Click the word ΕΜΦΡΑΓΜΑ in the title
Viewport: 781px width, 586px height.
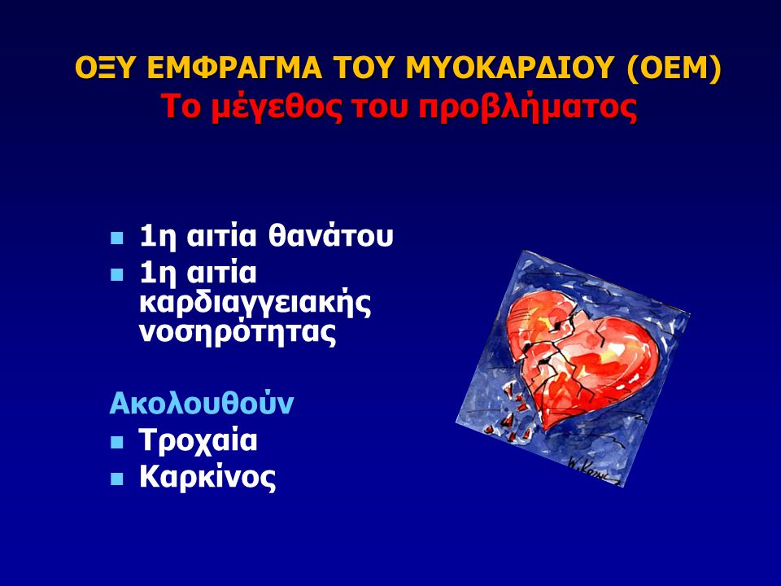pyautogui.click(x=234, y=68)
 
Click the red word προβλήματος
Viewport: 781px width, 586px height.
pyautogui.click(x=527, y=107)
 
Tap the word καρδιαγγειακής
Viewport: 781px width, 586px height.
pyautogui.click(x=255, y=303)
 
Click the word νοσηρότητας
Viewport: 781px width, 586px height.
pyautogui.click(x=238, y=332)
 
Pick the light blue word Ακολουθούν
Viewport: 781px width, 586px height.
pyautogui.click(x=201, y=403)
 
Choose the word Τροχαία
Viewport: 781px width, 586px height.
pyautogui.click(x=199, y=440)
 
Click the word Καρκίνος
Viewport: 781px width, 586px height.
pyautogui.click(x=207, y=477)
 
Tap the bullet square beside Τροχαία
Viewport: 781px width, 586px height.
pyautogui.click(x=116, y=442)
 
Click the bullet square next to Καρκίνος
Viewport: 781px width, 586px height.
pyautogui.click(x=116, y=479)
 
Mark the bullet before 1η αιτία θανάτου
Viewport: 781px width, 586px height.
pyautogui.click(x=116, y=238)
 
